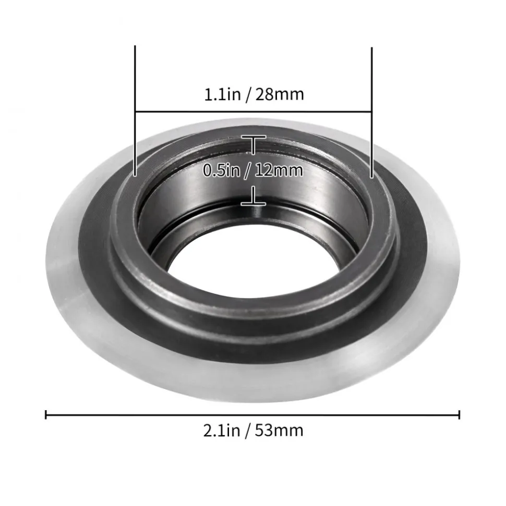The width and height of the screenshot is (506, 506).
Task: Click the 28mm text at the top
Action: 280,94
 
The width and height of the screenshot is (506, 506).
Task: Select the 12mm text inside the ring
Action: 279,170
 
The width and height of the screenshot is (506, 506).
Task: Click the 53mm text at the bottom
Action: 279,430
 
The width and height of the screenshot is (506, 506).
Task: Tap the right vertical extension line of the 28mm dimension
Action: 372,113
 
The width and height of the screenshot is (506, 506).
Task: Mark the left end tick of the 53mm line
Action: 46,414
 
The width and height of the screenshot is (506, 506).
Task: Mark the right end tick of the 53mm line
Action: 459,415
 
